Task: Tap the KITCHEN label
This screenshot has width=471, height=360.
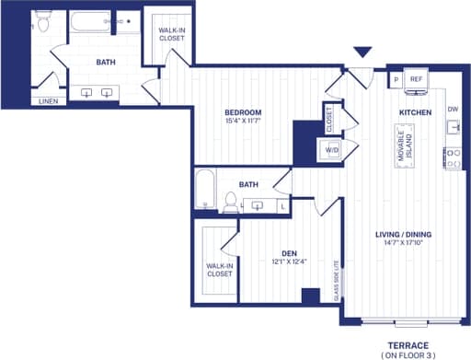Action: [415, 111]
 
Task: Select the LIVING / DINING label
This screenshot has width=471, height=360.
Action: [404, 234]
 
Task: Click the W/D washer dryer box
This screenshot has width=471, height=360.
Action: [331, 149]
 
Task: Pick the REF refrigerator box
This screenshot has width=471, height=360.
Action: [415, 80]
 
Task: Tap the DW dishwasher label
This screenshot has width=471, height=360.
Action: [453, 109]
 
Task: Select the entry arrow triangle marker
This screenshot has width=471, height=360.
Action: [363, 54]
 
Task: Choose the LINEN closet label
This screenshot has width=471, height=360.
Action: [47, 101]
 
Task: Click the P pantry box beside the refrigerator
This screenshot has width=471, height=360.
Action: [396, 80]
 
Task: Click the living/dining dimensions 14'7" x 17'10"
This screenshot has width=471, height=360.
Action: [404, 244]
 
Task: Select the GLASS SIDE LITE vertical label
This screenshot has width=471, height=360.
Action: [337, 280]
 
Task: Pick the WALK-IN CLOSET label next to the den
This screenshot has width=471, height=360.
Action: [219, 271]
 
